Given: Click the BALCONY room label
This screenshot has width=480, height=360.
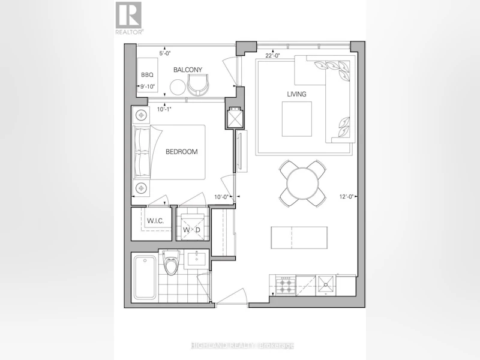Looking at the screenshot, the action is [x=188, y=70].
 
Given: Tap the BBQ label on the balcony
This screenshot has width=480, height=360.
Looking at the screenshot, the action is [x=147, y=74].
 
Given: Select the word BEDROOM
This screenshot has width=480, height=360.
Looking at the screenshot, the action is [x=182, y=152].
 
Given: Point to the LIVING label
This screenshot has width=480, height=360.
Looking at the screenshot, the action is [x=296, y=94].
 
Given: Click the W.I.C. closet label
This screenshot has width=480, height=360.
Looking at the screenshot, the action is [x=155, y=221].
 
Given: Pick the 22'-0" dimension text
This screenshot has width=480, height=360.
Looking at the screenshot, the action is [x=273, y=55].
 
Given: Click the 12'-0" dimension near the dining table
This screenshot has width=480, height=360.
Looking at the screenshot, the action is [x=346, y=197].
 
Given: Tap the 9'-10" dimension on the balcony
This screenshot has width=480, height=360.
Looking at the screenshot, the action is [x=148, y=86].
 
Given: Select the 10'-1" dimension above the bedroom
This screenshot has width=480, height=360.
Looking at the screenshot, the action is [x=164, y=109].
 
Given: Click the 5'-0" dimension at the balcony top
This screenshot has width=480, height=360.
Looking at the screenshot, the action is [x=164, y=53].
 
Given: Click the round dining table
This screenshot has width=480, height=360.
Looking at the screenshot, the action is [x=302, y=184].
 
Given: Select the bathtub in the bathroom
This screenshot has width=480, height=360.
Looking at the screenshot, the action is [x=145, y=278].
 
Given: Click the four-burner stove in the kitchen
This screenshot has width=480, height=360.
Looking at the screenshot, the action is [x=286, y=286].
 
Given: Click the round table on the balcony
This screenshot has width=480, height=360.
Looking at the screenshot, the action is [x=178, y=87].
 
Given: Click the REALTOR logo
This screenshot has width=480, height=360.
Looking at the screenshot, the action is [x=128, y=18].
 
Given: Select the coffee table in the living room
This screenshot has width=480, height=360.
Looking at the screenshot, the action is [x=296, y=119].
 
